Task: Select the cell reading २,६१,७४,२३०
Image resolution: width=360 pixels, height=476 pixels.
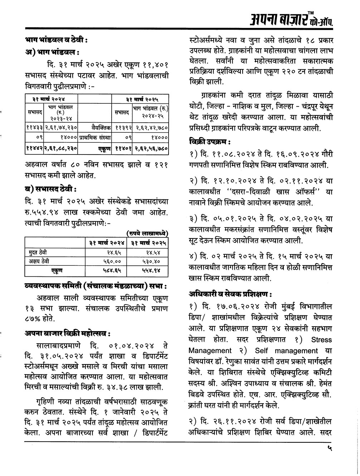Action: [60, 127]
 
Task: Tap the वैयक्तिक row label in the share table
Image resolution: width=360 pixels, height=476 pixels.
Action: [102, 127]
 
